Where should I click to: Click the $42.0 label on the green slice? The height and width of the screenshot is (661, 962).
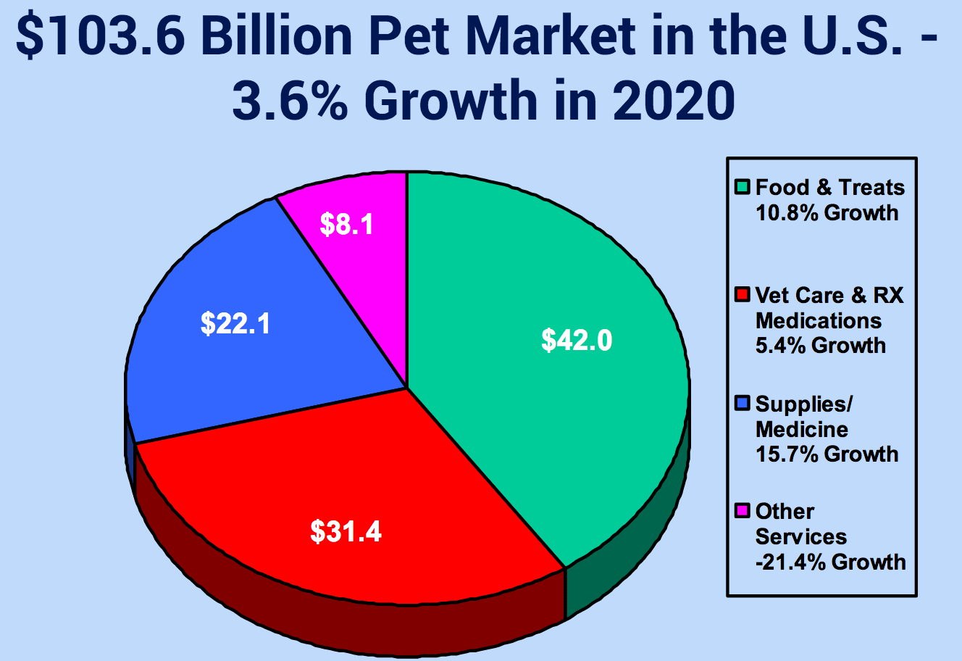[x=577, y=339]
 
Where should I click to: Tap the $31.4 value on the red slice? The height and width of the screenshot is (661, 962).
[x=346, y=531]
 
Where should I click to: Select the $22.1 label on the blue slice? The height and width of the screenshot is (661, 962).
[x=235, y=323]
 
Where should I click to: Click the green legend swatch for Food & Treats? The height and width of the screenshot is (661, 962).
[x=742, y=188]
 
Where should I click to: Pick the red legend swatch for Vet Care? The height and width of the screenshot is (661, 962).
[x=742, y=296]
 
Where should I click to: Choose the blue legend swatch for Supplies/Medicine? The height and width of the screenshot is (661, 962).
[x=742, y=404]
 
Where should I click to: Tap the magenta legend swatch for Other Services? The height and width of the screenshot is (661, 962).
[x=742, y=512]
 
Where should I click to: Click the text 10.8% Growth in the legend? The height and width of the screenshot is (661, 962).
[x=827, y=213]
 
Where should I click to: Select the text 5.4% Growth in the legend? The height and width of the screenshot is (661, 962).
[x=820, y=345]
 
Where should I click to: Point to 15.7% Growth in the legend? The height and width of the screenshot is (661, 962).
[x=827, y=454]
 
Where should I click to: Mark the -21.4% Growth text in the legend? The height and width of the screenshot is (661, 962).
[x=830, y=562]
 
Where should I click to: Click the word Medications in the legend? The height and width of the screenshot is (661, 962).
[x=819, y=320]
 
